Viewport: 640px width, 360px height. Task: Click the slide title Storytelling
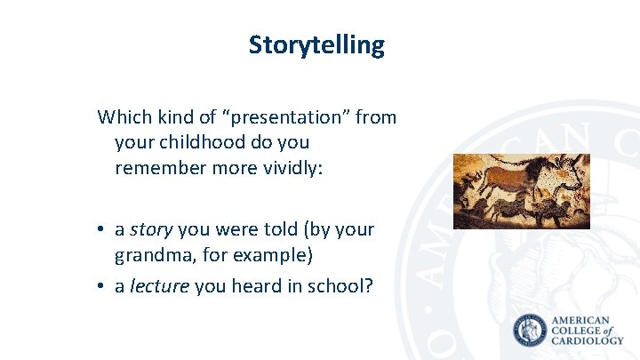coord(316,44)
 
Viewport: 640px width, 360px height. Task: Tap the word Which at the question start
coord(121,116)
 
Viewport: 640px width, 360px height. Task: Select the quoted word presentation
coord(289,116)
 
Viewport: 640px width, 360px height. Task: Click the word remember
coord(157,166)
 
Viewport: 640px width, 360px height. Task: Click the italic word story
coord(152,229)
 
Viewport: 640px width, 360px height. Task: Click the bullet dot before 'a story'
coord(103,230)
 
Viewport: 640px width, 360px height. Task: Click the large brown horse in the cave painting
coord(520,181)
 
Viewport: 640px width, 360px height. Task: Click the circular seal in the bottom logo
coord(531,331)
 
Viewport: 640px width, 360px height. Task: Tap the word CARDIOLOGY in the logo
coord(587,341)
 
